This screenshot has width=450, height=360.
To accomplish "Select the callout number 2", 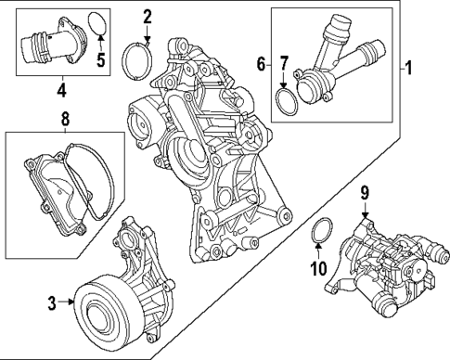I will tap(148, 16).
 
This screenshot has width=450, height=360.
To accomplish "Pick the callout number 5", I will tap(102, 63).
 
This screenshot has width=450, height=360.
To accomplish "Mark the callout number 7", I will tap(285, 63).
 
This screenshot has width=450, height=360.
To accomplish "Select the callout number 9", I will tap(366, 193).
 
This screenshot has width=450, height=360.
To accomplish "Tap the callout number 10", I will tap(318, 270).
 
